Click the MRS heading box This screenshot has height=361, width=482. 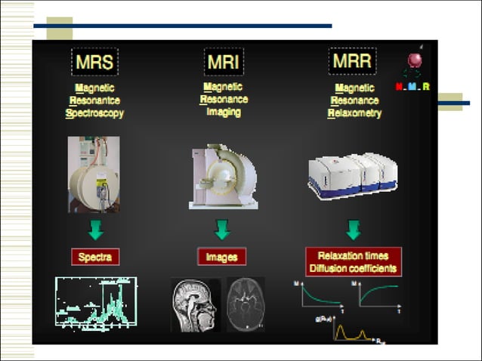(x=94, y=62)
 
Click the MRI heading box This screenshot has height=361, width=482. (x=224, y=62)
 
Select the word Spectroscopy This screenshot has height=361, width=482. (x=94, y=113)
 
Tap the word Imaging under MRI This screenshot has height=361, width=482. (x=224, y=112)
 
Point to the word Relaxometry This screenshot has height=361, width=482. (x=354, y=113)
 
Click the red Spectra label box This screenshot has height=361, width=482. (x=95, y=257)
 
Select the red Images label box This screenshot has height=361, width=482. (x=222, y=257)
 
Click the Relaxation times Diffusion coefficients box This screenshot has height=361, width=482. (x=353, y=262)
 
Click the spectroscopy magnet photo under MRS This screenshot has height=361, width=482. (x=94, y=174)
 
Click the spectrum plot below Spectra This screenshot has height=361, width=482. (x=96, y=304)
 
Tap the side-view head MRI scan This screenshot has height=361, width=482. (x=196, y=305)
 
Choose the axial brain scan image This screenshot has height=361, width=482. (x=246, y=304)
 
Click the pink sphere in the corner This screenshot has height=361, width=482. (x=415, y=60)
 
